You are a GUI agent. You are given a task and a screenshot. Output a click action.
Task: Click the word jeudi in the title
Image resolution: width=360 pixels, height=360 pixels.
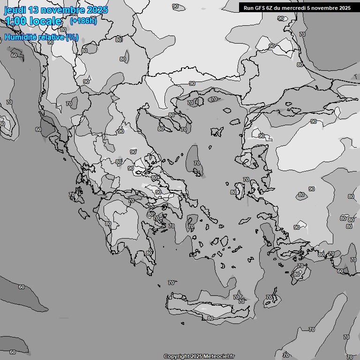[x=15, y=10]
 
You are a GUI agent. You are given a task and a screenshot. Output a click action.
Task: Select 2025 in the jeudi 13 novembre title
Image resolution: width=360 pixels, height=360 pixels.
[x=97, y=10]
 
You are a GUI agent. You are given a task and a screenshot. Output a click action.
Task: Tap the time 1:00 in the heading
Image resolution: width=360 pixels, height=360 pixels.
[x=16, y=21]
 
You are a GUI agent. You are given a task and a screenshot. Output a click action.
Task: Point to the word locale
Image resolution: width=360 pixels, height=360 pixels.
[x=46, y=21]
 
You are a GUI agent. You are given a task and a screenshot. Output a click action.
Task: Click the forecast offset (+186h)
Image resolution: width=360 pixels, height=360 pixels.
[x=83, y=21]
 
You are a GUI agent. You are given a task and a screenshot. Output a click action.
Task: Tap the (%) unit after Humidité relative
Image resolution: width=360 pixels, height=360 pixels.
[x=72, y=37]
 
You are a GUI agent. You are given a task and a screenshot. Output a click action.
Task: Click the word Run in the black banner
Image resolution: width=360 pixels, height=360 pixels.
[x=248, y=8]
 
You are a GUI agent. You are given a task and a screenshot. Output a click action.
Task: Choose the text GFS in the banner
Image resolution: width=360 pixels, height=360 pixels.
[x=260, y=8]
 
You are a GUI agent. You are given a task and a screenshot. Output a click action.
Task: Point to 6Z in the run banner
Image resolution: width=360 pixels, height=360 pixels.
[x=270, y=8]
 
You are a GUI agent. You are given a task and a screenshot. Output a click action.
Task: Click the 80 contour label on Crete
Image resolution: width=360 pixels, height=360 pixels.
[x=210, y=318]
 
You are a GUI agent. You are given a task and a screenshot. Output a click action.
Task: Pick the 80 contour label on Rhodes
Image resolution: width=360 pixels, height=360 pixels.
[x=296, y=274]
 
